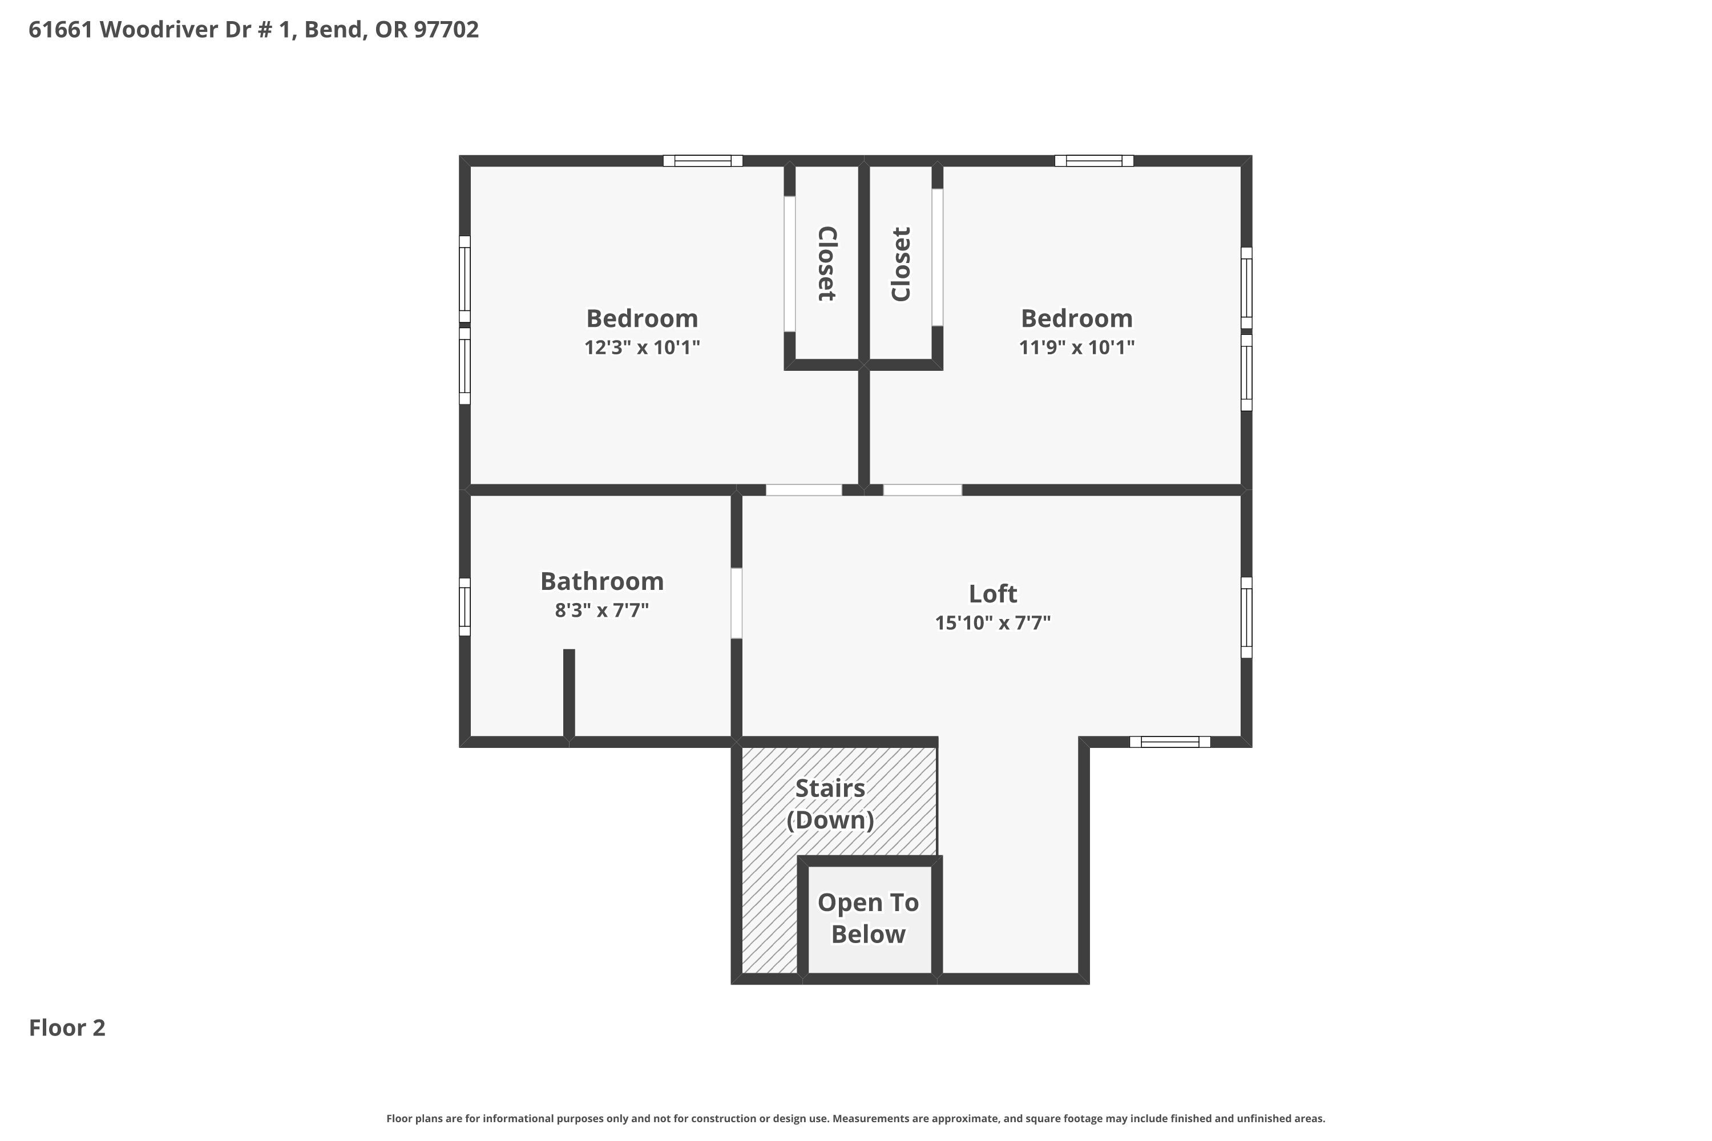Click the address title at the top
[253, 30]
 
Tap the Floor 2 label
[67, 1027]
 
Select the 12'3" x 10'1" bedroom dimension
[642, 347]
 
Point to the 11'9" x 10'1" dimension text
[1076, 347]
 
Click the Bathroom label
[602, 581]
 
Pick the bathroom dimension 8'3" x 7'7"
[602, 610]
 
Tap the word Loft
[993, 594]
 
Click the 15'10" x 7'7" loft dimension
[993, 623]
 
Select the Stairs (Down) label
[830, 804]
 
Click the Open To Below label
[869, 919]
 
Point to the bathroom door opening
[737, 603]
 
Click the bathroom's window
[465, 607]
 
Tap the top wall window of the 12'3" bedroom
[702, 161]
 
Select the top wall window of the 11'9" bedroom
[1094, 161]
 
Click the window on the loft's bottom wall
[1170, 742]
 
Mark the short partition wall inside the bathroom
[569, 694]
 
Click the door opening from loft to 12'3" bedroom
[803, 489]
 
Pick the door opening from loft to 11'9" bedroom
[922, 489]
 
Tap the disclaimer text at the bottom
[855, 1118]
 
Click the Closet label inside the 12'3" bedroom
[827, 264]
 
